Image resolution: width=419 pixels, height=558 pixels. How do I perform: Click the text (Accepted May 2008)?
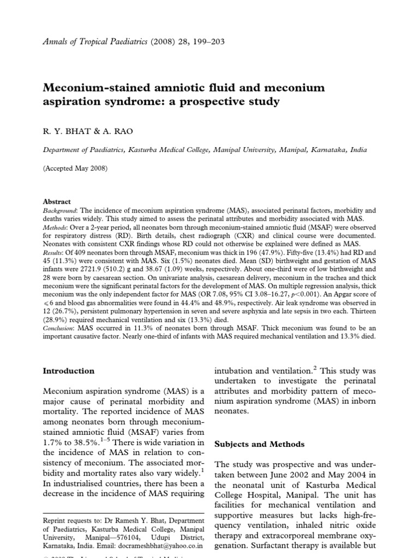point(75,169)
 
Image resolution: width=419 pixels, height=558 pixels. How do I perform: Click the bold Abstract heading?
point(57,201)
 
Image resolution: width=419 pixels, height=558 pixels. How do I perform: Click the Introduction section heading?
point(69,371)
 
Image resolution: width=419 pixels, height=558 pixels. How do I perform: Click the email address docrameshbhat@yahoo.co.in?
point(166,544)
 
